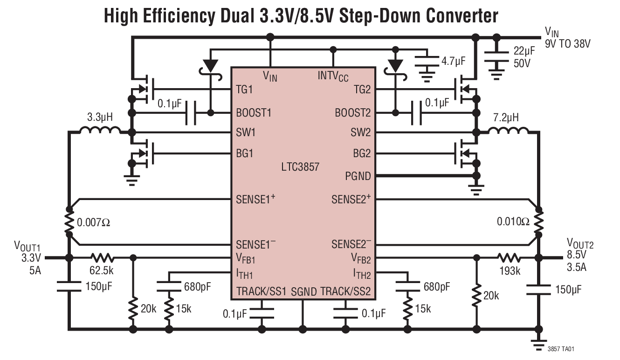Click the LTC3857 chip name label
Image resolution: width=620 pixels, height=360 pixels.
[301, 166]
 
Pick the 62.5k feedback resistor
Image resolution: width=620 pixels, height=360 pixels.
[102, 257]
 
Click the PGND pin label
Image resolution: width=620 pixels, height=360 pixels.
[358, 176]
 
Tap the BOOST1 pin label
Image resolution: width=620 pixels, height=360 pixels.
[254, 113]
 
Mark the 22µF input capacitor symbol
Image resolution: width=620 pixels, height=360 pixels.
[496, 56]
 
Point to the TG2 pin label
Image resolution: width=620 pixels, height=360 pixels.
[362, 90]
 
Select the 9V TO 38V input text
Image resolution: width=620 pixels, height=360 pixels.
[568, 44]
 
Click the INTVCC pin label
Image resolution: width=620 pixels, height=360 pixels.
[333, 76]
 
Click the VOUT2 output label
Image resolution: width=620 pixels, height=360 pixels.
[580, 243]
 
